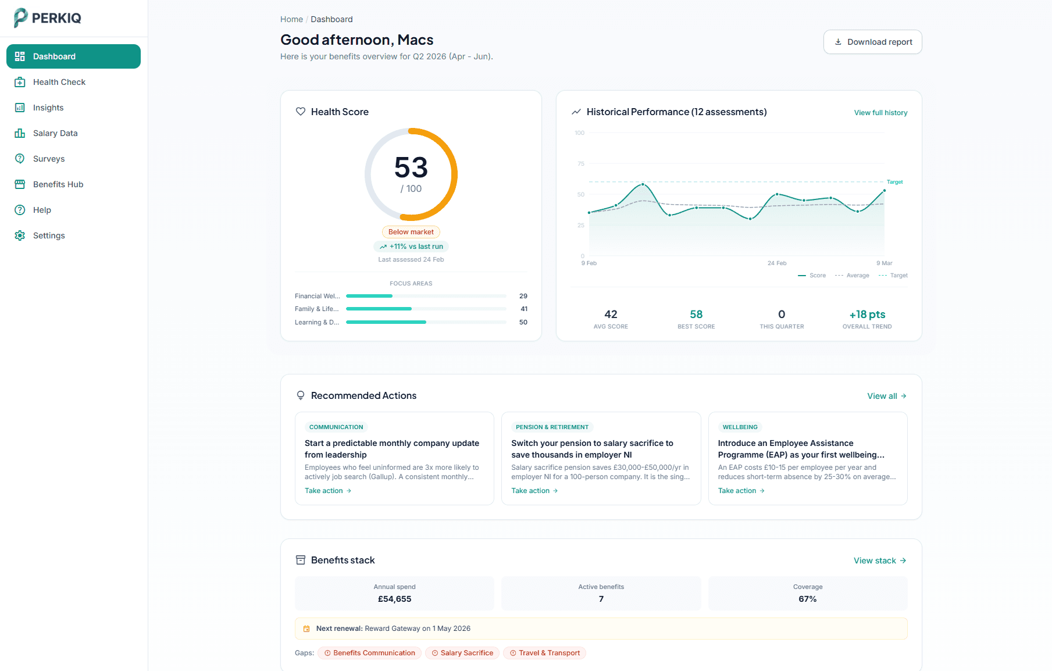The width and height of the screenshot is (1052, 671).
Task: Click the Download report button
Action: [x=872, y=42]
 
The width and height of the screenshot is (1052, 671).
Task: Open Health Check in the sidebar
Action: [x=59, y=82]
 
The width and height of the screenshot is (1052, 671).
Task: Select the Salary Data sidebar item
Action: [x=55, y=133]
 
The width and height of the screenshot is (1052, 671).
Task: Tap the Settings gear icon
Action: [x=20, y=235]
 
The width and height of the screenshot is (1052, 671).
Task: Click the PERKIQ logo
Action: [x=48, y=17]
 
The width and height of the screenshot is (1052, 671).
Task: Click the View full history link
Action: [x=880, y=113]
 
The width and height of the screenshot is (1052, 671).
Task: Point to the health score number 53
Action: [x=411, y=168]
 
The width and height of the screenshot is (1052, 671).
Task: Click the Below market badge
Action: [x=411, y=232]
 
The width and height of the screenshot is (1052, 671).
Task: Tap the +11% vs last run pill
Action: [x=411, y=247]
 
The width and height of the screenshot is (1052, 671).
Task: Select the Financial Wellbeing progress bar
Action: [x=426, y=296]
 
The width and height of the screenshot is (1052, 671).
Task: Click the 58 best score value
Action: [x=696, y=315]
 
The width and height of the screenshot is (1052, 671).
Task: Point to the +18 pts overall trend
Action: [x=867, y=315]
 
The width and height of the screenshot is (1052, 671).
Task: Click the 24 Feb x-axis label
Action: [x=776, y=263]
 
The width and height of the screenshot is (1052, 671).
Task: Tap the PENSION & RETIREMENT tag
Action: [x=552, y=427]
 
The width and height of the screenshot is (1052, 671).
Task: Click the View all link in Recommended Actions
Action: [x=886, y=396]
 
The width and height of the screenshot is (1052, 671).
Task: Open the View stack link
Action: [x=879, y=561]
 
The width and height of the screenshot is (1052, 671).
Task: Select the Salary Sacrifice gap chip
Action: [x=462, y=653]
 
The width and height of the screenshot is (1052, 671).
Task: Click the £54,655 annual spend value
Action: [x=394, y=599]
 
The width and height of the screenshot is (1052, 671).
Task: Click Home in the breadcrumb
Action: [x=291, y=19]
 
